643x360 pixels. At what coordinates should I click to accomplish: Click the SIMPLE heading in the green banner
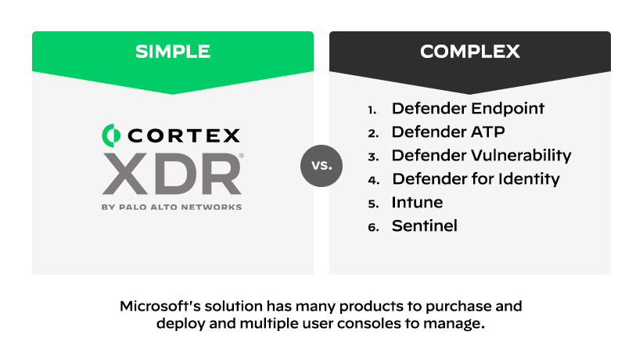(172, 52)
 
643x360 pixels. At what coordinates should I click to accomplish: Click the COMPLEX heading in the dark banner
(469, 52)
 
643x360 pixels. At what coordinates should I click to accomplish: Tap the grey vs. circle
(321, 166)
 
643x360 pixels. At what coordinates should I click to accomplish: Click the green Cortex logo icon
(111, 135)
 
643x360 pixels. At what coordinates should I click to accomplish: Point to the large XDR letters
(171, 174)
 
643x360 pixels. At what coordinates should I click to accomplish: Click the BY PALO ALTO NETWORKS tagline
(171, 207)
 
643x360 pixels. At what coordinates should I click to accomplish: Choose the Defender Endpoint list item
(468, 108)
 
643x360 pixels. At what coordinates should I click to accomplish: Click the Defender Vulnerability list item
(481, 155)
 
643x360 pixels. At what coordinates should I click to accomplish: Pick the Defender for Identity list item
(476, 178)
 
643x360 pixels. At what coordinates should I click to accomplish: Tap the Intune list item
(417, 202)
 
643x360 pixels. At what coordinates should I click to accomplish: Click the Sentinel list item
(424, 225)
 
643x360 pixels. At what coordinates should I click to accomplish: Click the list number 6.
(373, 227)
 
